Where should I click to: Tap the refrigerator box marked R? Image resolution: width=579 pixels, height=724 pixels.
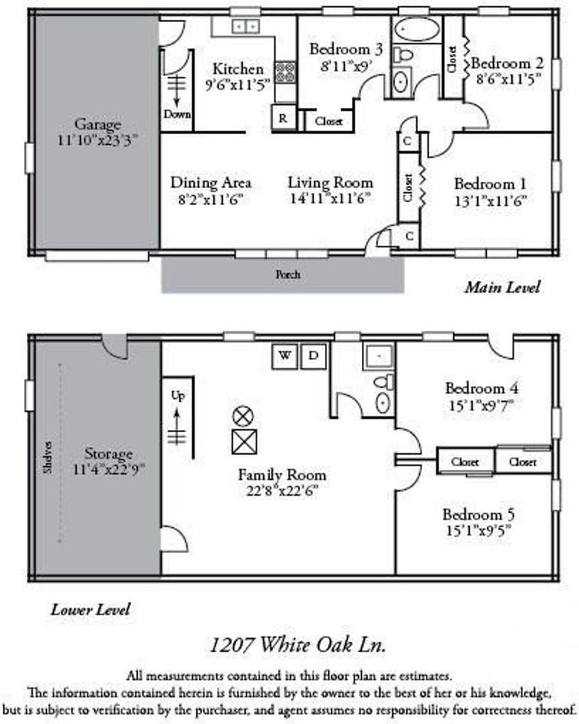click(x=283, y=118)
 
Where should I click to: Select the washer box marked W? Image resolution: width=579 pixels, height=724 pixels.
click(x=285, y=355)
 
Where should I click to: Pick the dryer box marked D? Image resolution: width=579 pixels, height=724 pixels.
click(x=314, y=355)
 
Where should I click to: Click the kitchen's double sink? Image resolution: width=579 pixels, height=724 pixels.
click(x=244, y=26)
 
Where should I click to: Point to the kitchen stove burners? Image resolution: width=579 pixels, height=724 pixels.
click(x=285, y=72)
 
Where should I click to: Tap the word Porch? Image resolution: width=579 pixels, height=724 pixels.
click(x=286, y=275)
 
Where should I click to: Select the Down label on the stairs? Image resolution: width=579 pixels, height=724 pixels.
click(x=176, y=115)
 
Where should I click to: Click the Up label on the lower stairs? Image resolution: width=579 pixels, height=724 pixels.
click(x=177, y=396)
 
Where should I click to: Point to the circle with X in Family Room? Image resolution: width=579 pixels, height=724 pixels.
click(x=243, y=415)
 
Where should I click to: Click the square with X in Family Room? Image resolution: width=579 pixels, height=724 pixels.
click(x=244, y=441)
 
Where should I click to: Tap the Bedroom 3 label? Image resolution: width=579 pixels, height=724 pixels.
click(x=346, y=49)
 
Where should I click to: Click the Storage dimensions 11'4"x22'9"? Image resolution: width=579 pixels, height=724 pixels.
click(x=109, y=468)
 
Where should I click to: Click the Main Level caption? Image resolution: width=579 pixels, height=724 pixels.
click(x=502, y=287)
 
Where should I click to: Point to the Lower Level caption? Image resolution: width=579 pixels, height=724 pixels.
click(x=90, y=609)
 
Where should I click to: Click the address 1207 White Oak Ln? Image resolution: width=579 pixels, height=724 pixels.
click(x=299, y=646)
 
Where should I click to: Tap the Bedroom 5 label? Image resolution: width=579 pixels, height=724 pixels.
click(x=479, y=514)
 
